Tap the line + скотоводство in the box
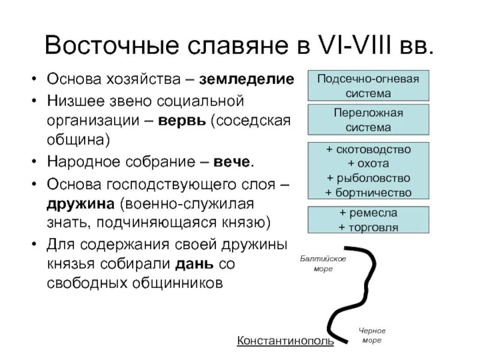(x=368, y=149)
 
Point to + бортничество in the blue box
(x=368, y=192)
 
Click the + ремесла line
(x=368, y=213)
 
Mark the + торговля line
(x=368, y=227)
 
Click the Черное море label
(x=372, y=335)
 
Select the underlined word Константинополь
(x=285, y=341)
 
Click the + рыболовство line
(x=368, y=178)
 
